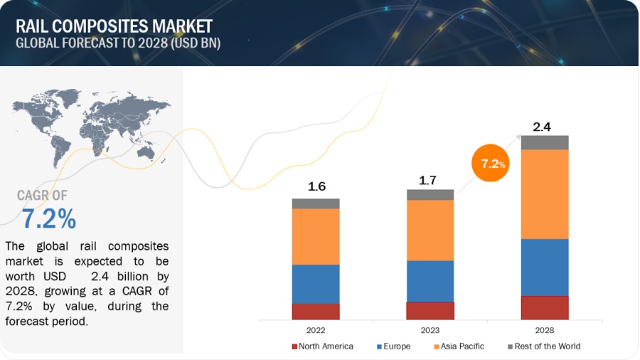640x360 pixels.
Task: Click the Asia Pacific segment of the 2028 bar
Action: point(545,194)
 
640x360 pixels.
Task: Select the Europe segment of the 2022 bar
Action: point(316,284)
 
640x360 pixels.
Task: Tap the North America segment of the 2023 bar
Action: point(430,311)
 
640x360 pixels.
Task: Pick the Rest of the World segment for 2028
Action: point(545,142)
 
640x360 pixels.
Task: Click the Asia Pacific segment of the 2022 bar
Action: point(316,236)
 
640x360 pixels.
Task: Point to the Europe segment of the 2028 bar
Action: point(545,267)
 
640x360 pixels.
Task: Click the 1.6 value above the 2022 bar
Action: point(316,187)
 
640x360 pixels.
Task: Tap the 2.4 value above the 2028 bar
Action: point(543,127)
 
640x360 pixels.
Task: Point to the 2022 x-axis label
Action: point(316,330)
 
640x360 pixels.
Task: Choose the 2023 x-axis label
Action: point(430,330)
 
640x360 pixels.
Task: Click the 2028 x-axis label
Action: point(545,330)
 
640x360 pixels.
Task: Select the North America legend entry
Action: point(322,346)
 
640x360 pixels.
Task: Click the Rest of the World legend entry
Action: point(543,346)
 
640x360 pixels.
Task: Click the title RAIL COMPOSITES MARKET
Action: point(114,26)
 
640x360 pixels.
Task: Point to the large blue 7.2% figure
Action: point(48,219)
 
